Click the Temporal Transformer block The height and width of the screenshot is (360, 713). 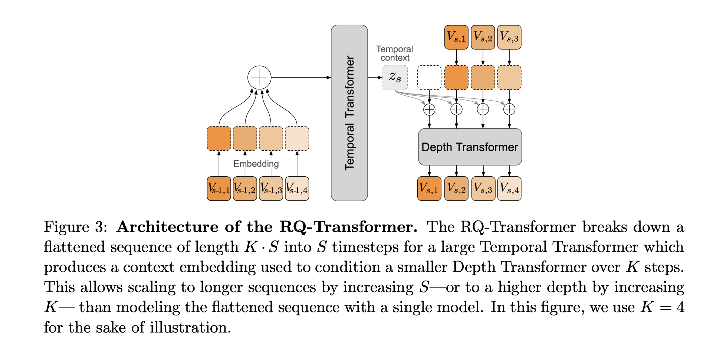pos(349,113)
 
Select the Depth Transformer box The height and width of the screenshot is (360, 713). pos(470,147)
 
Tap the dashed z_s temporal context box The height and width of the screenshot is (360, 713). pos(395,78)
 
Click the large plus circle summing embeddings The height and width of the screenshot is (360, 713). pos(259,78)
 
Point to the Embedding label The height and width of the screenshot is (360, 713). pos(256,164)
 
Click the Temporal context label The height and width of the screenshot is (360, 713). pos(394,53)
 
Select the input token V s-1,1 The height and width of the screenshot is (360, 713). pos(219,189)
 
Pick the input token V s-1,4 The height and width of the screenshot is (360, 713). pos(297,189)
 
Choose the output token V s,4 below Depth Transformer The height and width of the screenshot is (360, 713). pos(509,189)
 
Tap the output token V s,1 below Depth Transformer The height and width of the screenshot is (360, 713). pos(429,189)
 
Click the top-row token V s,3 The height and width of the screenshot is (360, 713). pos(509,37)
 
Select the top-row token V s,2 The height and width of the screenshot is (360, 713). pos(483,37)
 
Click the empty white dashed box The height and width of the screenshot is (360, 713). pos(429,78)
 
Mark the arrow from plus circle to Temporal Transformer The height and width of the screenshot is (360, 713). pos(300,78)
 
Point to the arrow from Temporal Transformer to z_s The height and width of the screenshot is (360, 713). pos(375,78)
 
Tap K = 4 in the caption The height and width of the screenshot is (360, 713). pos(662,307)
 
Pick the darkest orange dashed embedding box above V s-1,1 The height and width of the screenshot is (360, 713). pos(219,138)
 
